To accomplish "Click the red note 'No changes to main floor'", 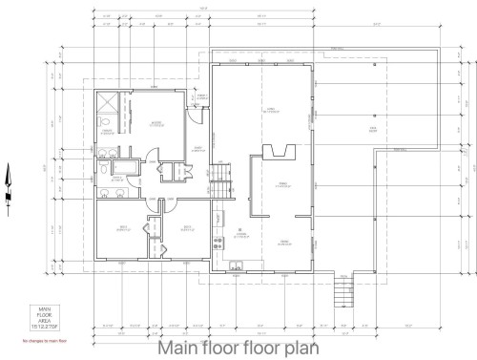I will tap(38, 340).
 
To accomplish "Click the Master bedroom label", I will tap(154, 122).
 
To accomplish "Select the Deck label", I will tap(373, 127).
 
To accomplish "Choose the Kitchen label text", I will tap(242, 233).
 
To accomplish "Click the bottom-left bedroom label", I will tap(122, 227).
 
